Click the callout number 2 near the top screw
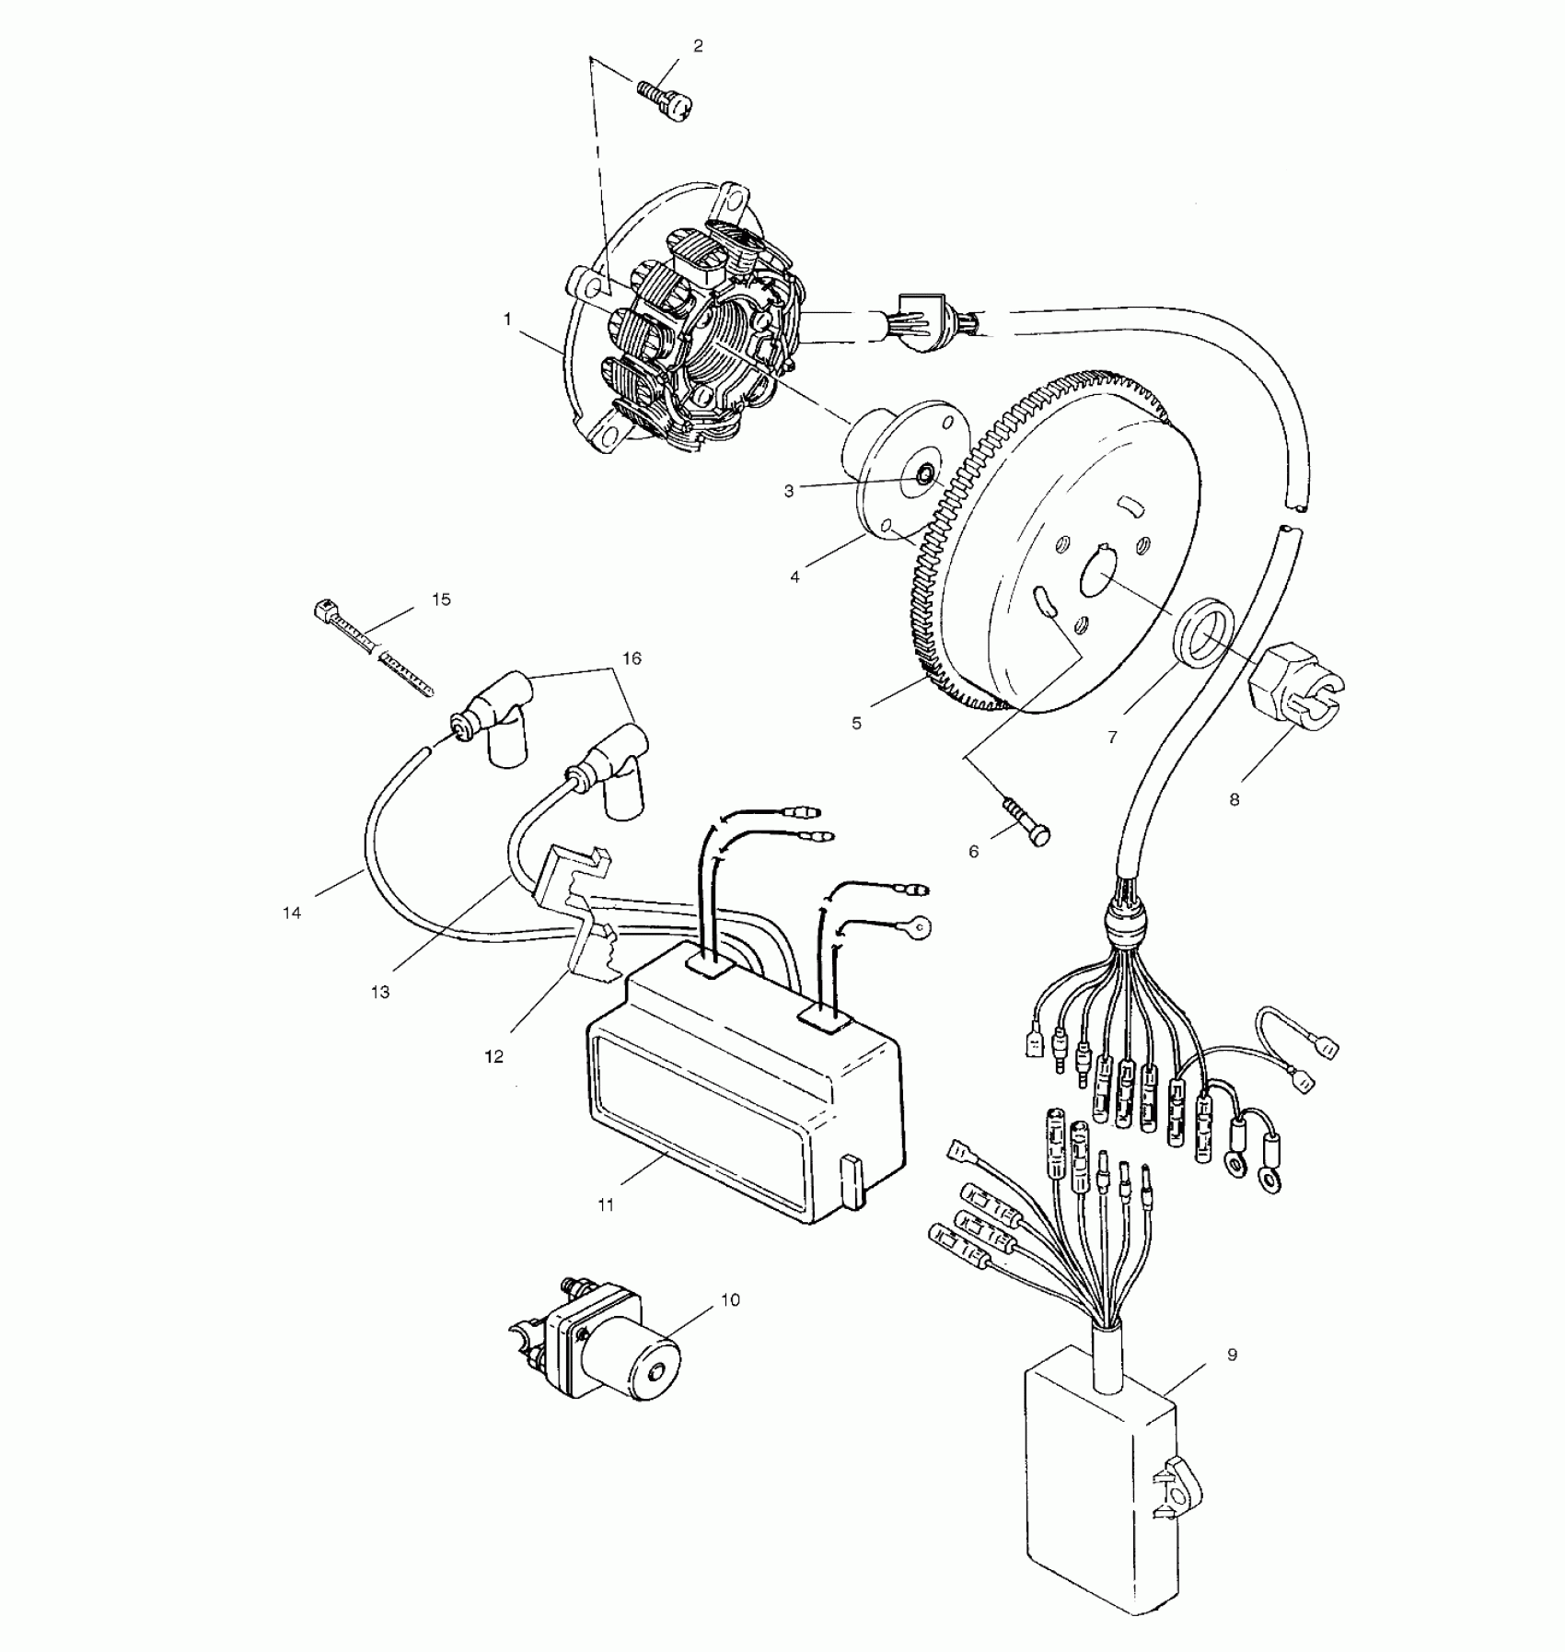click(698, 46)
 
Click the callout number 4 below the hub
click(795, 577)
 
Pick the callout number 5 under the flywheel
click(857, 724)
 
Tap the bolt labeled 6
click(1024, 820)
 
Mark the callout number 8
click(1235, 799)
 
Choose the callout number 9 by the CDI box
click(1233, 1355)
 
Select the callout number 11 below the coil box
click(606, 1204)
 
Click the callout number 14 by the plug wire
click(292, 913)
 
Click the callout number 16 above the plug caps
click(632, 658)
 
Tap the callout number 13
click(380, 992)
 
